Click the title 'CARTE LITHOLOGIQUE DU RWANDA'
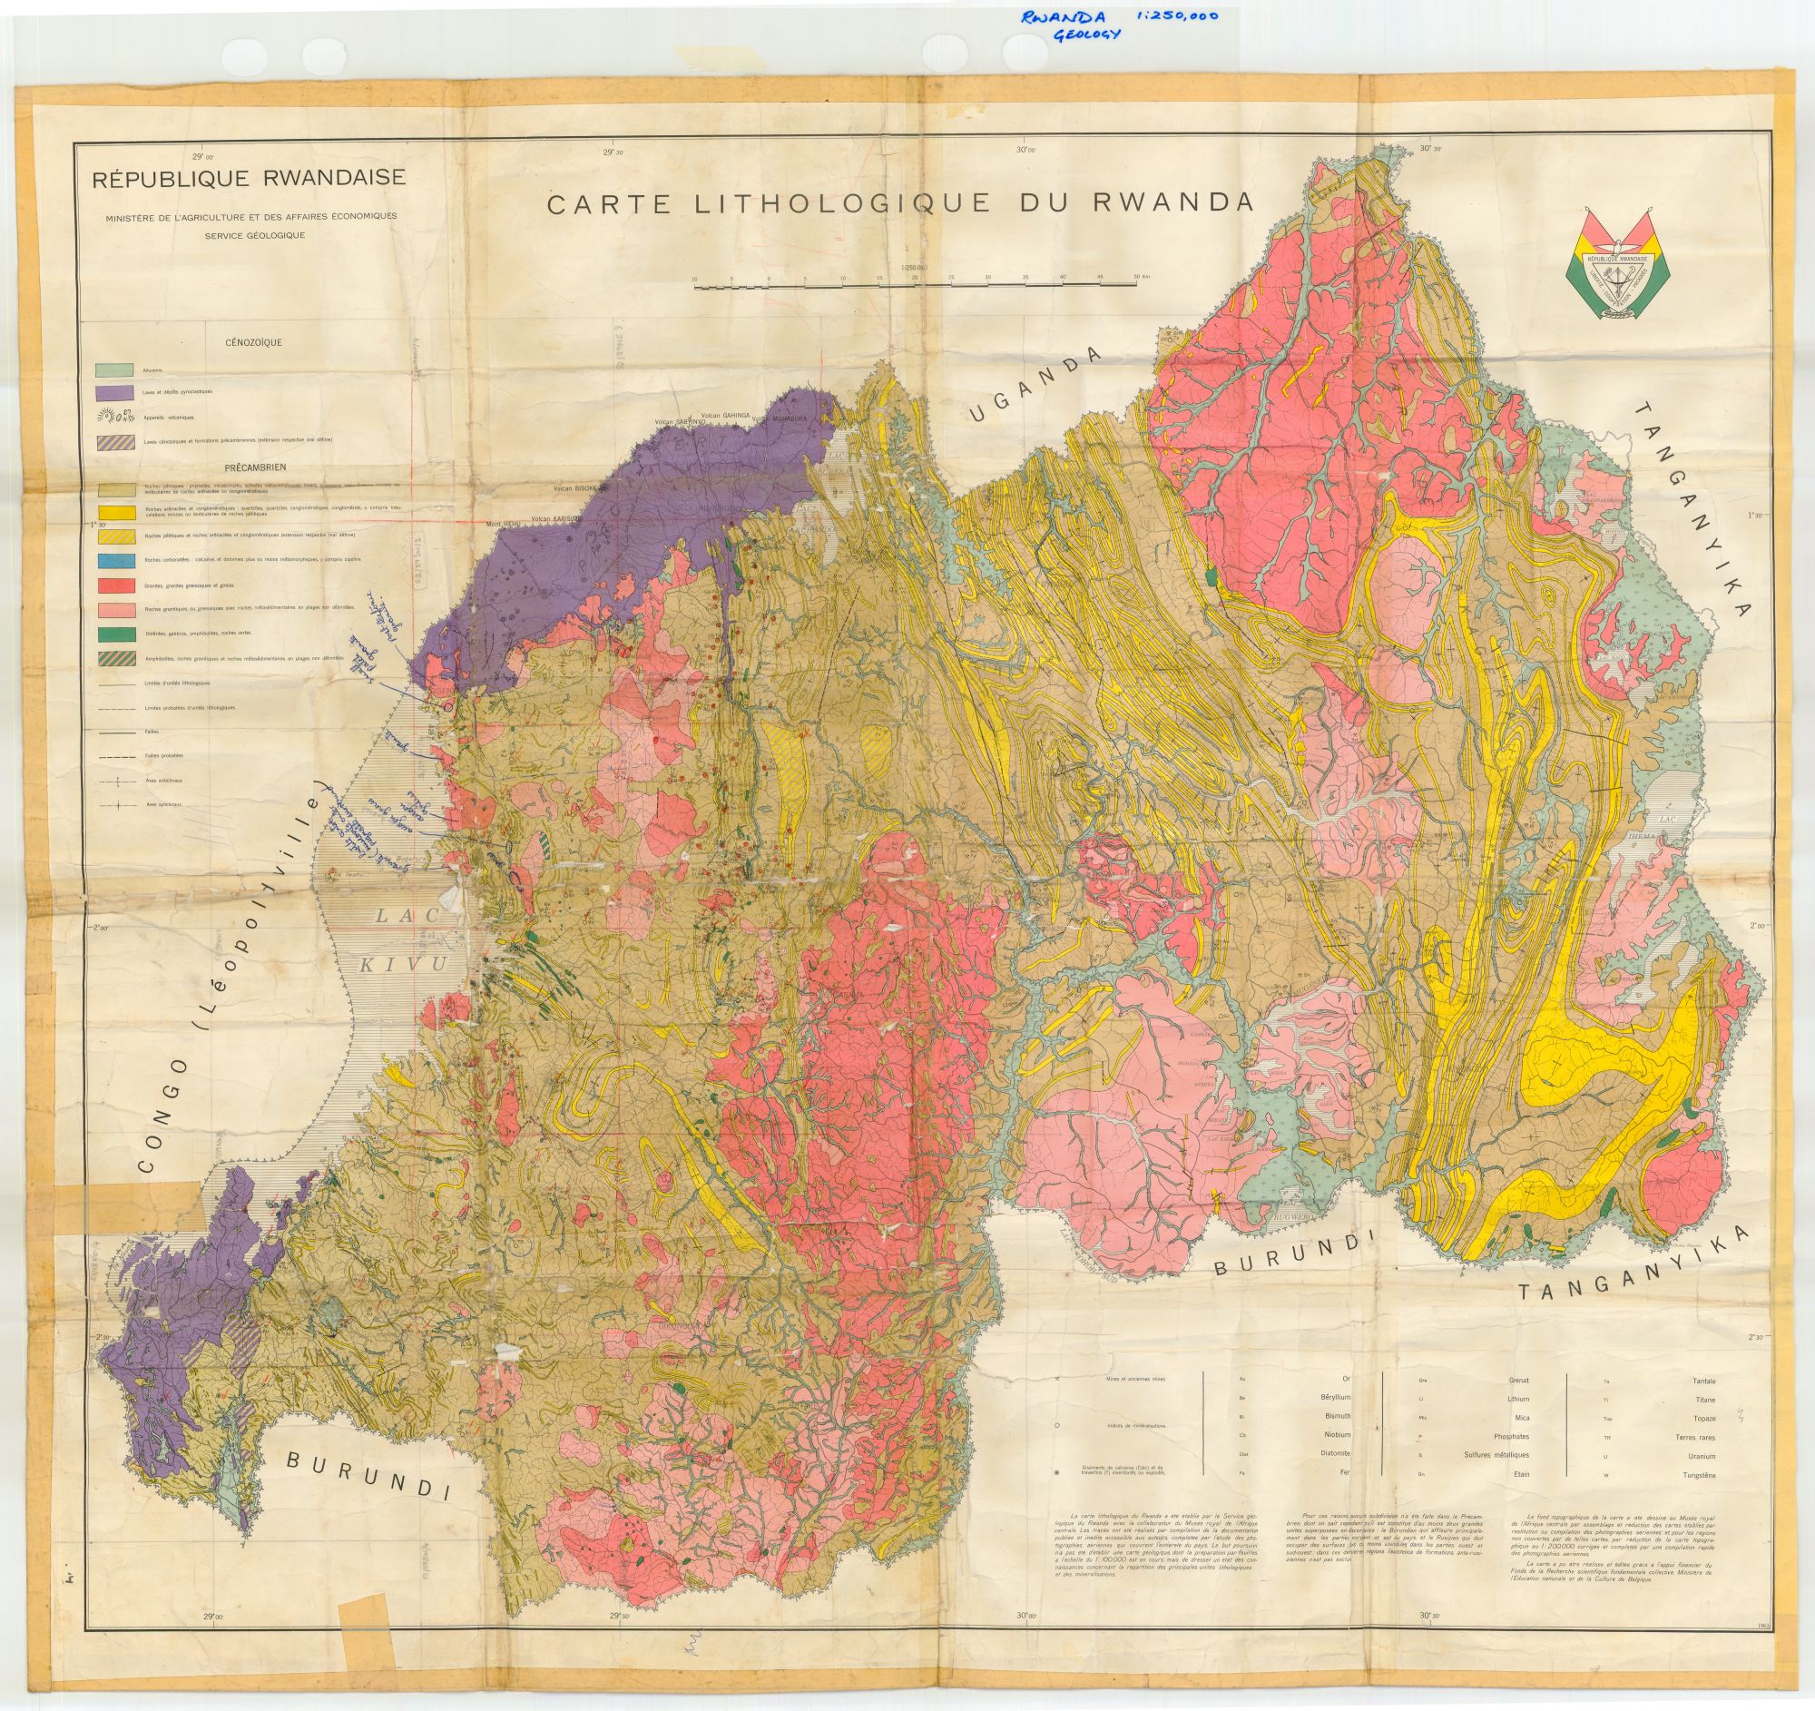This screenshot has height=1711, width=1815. click(x=899, y=202)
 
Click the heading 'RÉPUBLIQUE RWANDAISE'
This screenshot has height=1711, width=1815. click(x=249, y=179)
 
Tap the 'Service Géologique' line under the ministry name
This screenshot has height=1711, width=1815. click(x=256, y=235)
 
